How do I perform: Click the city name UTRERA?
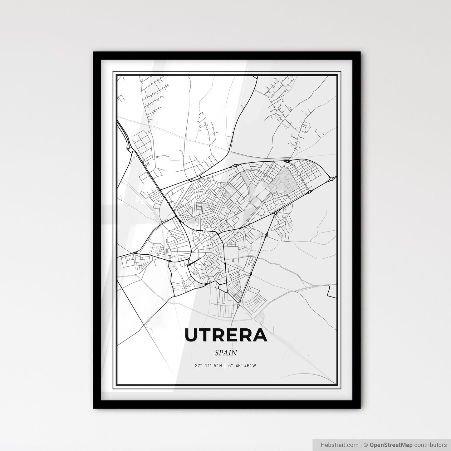pos(226,335)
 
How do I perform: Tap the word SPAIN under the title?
pos(226,353)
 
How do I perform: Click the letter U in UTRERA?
pos(191,335)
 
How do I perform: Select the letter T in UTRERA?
pos(206,335)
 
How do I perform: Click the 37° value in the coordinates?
pos(199,366)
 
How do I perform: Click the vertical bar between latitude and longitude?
pos(225,366)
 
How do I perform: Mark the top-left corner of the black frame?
pos(94,52)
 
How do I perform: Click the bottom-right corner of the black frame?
pos(360,408)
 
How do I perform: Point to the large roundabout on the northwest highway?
pos(130,150)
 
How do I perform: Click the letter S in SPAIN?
pos(216,353)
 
